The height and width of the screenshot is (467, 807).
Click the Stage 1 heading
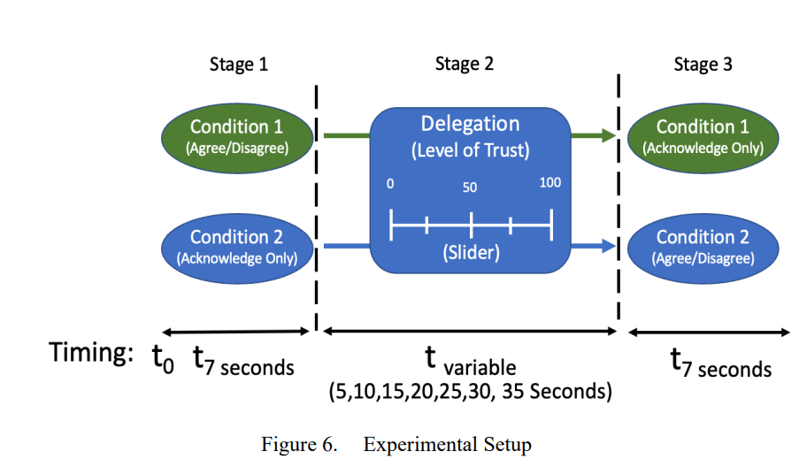point(239,65)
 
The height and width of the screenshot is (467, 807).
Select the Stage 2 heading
point(465,64)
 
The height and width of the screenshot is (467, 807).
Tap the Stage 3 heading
point(703,65)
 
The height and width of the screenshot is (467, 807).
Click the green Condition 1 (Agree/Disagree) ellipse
point(237,138)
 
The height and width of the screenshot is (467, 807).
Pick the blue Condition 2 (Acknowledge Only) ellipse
point(237,249)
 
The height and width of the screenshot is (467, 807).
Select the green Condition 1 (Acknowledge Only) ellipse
point(703,138)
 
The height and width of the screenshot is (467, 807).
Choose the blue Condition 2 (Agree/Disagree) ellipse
point(703,249)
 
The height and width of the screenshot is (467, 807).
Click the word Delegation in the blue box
point(471,124)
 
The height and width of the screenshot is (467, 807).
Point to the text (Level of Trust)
point(471,150)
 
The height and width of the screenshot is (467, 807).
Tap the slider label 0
point(390,184)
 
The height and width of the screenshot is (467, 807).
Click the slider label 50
point(469,188)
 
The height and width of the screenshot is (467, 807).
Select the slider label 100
point(550,182)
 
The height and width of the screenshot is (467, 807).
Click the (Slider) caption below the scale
point(472,253)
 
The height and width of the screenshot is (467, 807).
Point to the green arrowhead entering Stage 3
point(609,136)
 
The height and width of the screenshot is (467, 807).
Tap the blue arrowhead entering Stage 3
point(609,246)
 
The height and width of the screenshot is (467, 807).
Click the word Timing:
point(91,353)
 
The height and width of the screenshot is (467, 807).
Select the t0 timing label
point(163,357)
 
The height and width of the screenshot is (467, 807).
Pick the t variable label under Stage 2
point(471,361)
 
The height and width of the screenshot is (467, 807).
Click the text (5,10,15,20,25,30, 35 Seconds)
point(471,392)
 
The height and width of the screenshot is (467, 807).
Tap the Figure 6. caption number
point(299,444)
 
